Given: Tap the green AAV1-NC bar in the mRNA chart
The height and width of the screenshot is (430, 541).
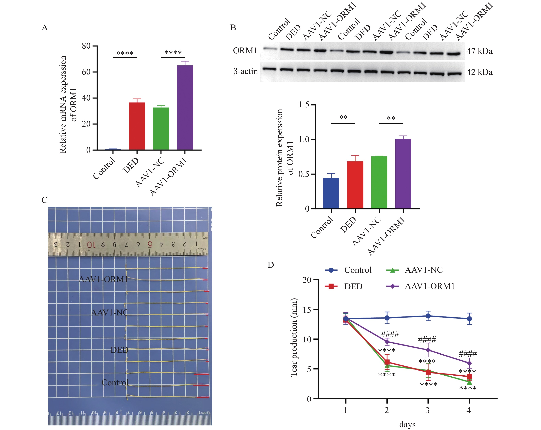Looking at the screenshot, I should pos(161,128).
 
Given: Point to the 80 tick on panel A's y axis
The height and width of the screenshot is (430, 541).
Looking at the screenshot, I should pos(86,46).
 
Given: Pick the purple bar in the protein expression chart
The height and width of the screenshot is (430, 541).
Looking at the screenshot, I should pos(403,174).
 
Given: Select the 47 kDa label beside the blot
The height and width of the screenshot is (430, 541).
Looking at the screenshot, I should pos(479,51).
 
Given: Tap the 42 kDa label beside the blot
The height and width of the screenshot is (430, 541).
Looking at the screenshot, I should pos(479,72).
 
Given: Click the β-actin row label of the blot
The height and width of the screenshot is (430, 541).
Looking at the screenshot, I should pos(245,71).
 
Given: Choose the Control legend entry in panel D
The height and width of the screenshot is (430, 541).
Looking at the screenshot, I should pos(358,270).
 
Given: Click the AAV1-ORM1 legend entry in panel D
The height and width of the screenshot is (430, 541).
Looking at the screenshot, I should pos(430,286).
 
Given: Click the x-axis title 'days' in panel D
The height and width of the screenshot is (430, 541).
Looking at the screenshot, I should pos(407,425).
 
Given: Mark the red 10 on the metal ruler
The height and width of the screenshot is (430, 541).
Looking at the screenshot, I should pos(91,245).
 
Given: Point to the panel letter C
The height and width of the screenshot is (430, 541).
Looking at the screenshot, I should pos(44,200).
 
